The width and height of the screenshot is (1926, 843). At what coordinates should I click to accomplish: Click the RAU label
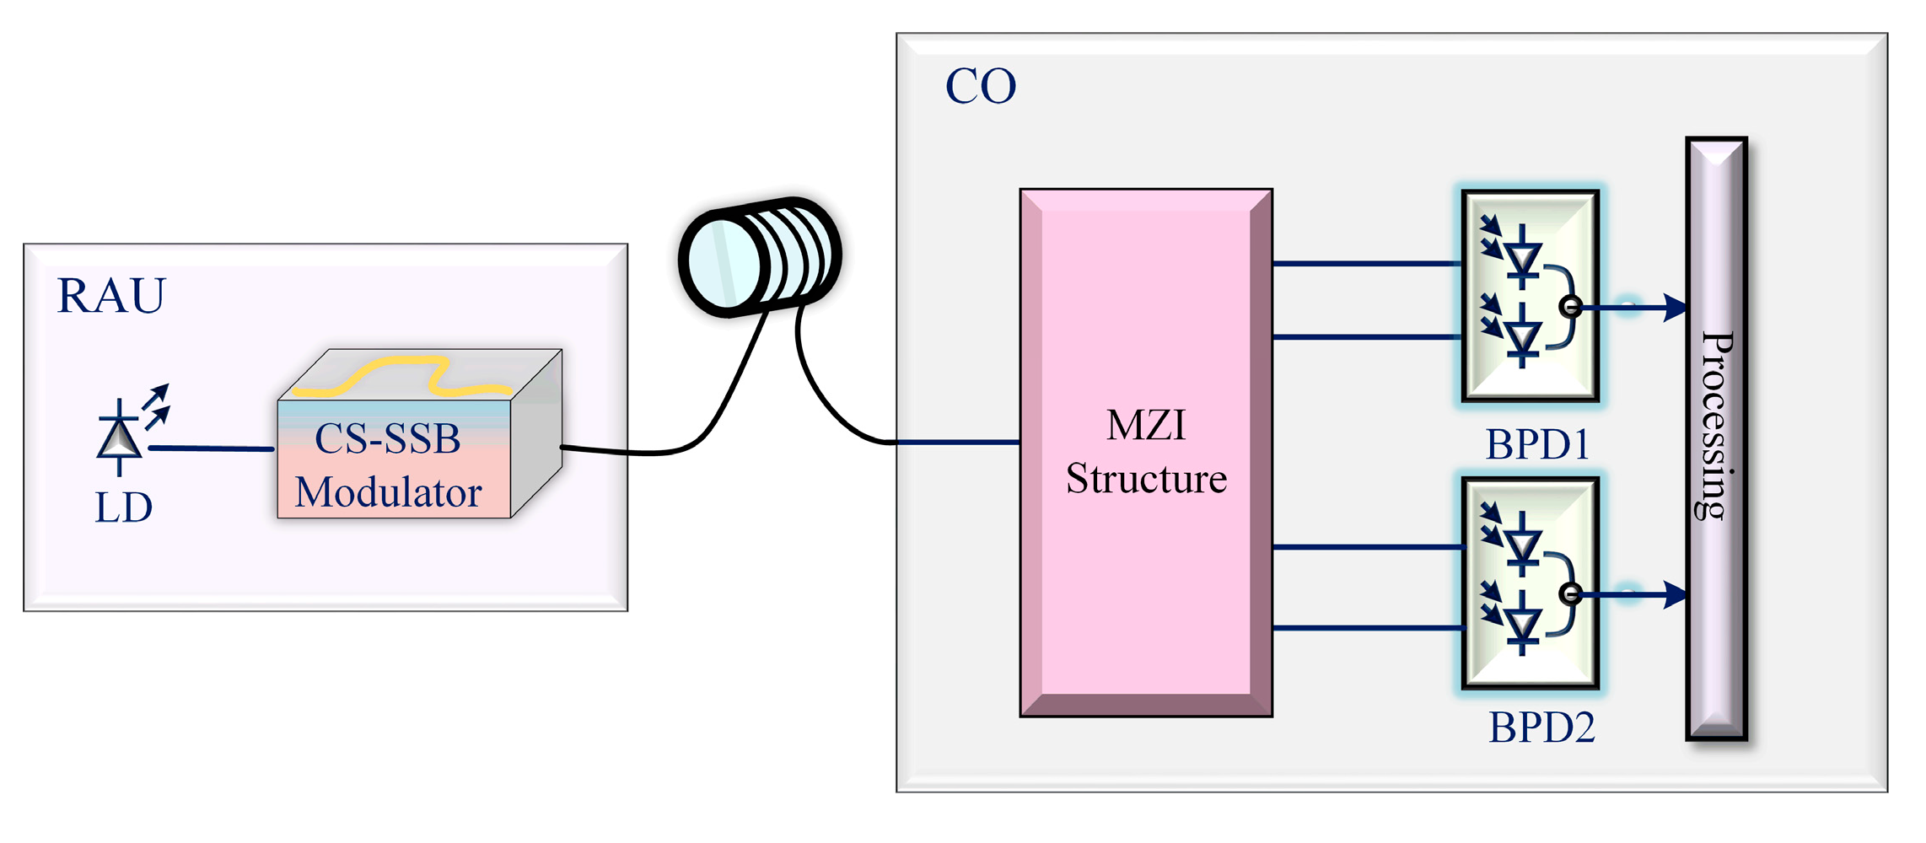[111, 296]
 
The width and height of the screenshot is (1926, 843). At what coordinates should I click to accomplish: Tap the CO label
[980, 86]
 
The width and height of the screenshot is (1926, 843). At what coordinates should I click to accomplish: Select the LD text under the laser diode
[123, 507]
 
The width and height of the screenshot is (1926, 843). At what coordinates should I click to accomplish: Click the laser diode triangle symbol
[119, 438]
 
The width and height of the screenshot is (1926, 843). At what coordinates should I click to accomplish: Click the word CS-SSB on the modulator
[388, 438]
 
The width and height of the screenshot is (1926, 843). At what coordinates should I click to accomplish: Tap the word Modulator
[388, 492]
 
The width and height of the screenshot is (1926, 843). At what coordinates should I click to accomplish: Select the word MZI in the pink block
[1146, 425]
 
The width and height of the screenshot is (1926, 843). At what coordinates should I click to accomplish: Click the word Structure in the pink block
[1146, 479]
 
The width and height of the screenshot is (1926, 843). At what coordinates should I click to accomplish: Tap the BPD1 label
[1537, 444]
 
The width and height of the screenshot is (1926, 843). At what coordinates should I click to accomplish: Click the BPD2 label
[1541, 727]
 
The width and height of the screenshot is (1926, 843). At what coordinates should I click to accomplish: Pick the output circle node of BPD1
[1570, 307]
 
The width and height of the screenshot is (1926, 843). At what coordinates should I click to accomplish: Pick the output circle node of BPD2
[1570, 594]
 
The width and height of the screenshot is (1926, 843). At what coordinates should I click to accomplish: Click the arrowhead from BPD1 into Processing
[1675, 307]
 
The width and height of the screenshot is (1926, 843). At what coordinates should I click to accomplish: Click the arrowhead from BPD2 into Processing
[1675, 594]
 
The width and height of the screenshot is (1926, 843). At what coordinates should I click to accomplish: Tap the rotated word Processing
[1717, 426]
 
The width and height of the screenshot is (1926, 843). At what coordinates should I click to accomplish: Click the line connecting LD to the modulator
[211, 448]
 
